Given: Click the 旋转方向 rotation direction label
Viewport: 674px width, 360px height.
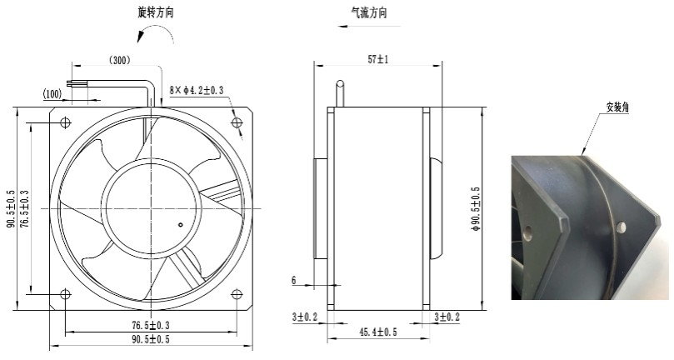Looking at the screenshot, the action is click(x=156, y=12).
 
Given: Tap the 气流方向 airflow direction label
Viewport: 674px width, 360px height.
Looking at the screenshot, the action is click(x=369, y=12).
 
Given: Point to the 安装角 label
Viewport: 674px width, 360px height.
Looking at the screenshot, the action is click(x=617, y=107).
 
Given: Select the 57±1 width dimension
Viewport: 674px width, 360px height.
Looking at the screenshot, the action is click(x=378, y=59).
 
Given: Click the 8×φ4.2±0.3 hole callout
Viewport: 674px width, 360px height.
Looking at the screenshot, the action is click(x=197, y=90).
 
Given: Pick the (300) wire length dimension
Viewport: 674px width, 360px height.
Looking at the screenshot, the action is click(x=119, y=60).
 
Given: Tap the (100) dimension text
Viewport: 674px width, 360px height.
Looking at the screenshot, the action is click(x=52, y=93).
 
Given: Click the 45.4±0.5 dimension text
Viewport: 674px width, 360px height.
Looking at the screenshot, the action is click(x=378, y=332).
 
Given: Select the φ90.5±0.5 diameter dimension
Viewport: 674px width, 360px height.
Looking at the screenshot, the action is click(x=476, y=209).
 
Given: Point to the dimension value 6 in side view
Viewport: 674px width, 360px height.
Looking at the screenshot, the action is click(x=294, y=281).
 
